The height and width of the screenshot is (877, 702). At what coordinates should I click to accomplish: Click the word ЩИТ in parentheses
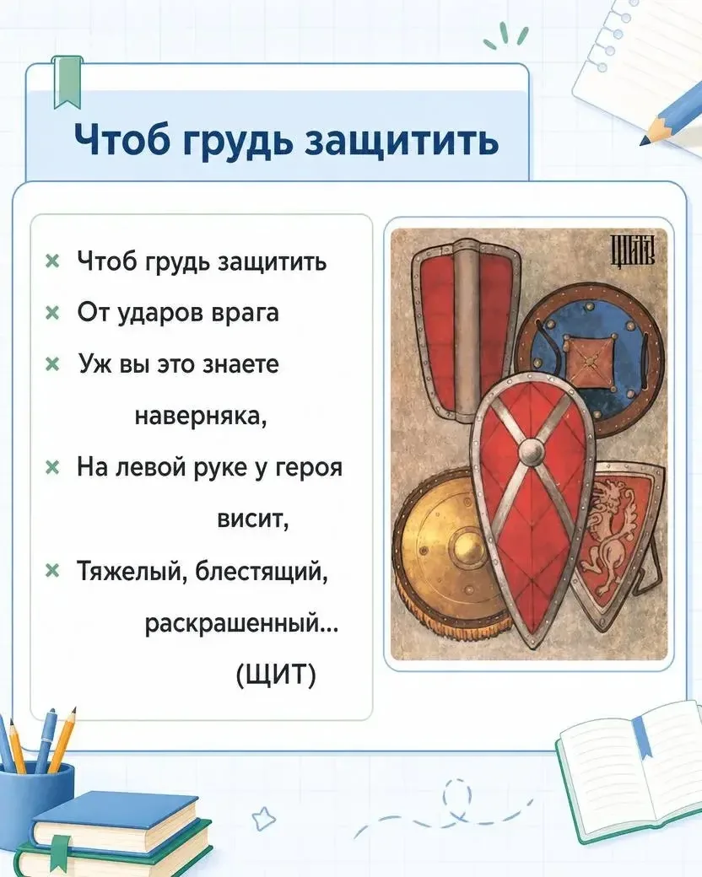coord(277,674)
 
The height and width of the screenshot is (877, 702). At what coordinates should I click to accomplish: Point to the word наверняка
coord(201,416)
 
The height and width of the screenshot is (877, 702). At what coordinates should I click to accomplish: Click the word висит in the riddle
coord(252,519)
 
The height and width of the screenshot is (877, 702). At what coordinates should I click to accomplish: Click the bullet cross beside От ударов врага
coord(52,313)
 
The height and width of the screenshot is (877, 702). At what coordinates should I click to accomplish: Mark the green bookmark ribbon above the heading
coord(67,82)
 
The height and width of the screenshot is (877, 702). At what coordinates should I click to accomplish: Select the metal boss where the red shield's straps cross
coord(531,451)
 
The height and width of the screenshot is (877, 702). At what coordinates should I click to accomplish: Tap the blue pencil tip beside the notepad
coord(650,137)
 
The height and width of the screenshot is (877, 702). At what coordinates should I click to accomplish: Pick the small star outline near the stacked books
coord(263,818)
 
